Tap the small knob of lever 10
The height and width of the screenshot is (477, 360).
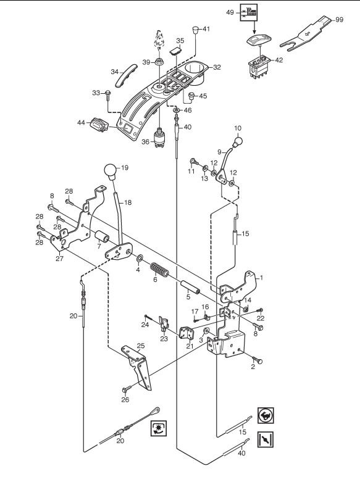pos(238,141)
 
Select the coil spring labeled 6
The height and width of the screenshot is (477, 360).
pos(160,269)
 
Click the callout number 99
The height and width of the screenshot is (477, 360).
pos(339,20)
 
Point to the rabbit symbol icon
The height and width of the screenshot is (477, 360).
pos(266,415)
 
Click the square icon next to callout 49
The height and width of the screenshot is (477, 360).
pos(249,12)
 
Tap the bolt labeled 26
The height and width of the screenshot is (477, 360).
pos(127,389)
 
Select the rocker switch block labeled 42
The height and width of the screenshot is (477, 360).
pos(259,65)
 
